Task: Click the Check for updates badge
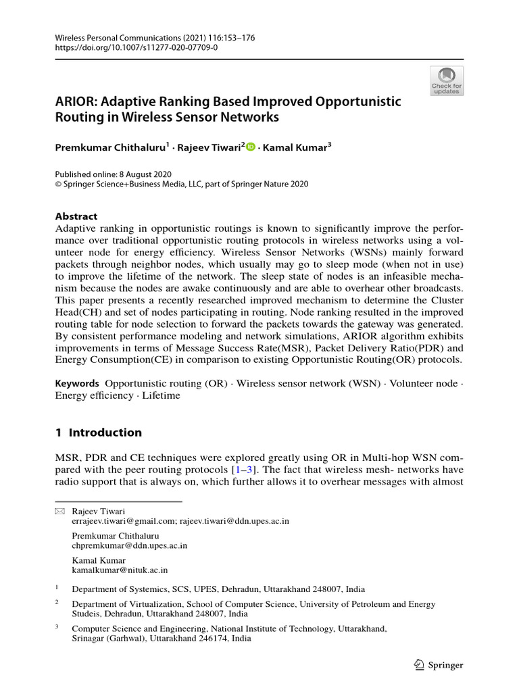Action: (x=447, y=81)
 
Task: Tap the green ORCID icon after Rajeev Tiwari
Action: (x=251, y=147)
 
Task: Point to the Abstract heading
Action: (x=76, y=216)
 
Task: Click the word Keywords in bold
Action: (x=77, y=383)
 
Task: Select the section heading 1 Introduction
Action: (x=99, y=432)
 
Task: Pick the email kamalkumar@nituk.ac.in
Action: (x=120, y=570)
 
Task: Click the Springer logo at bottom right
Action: (x=437, y=665)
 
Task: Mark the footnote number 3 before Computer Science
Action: (x=57, y=627)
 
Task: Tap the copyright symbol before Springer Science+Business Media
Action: (x=59, y=183)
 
